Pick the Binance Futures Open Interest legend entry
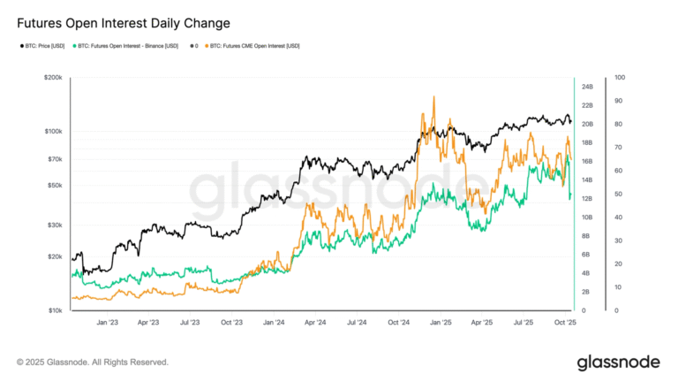pos(128,45)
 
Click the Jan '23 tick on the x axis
pos(108,324)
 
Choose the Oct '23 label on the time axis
pos(230,324)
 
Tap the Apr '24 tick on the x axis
pos(314,324)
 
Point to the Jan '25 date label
pos(439,324)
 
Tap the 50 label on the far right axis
pos(619,194)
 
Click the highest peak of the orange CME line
pos(433,96)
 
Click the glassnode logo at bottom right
pos(619,363)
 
